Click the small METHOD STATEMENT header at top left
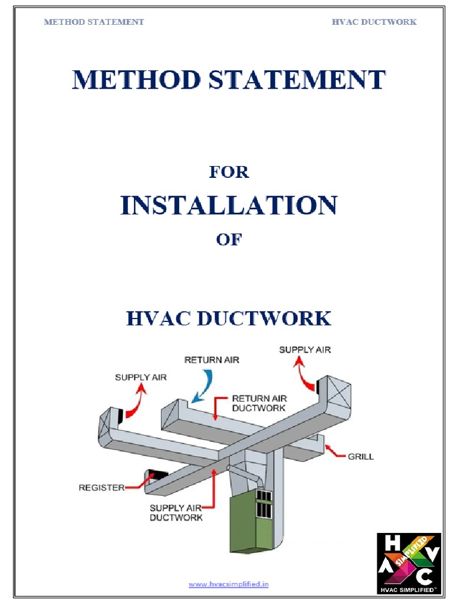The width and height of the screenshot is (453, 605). coord(94,22)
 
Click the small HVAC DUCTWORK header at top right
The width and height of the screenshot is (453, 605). coord(374,22)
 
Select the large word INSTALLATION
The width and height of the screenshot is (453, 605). coord(229,206)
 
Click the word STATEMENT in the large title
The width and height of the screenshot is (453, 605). coord(304,80)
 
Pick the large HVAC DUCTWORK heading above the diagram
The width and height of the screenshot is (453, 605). coord(228,318)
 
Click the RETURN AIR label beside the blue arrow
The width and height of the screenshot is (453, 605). coord(212,359)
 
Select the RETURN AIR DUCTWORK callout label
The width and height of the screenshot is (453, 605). coord(260,403)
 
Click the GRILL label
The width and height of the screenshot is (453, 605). coord(362,456)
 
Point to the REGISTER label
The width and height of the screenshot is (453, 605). coord(101,487)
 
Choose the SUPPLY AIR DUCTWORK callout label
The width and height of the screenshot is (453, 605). coord(176,512)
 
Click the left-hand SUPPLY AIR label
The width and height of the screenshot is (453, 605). coord(140,377)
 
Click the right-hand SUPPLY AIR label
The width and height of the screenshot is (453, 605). coord(305,349)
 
